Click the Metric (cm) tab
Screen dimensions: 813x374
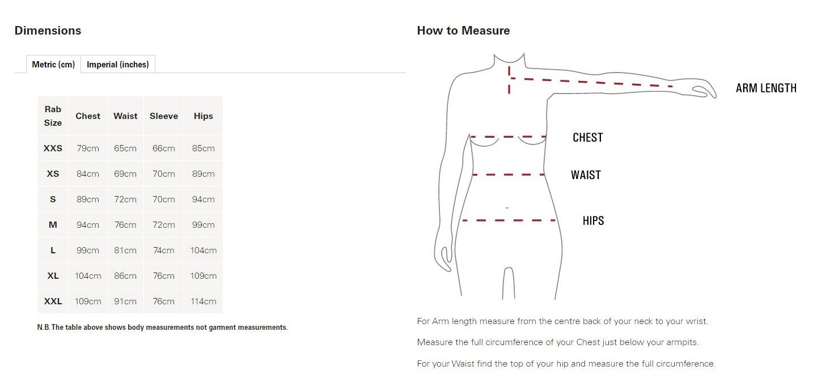pos(53,64)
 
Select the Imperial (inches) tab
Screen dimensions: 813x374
pos(117,64)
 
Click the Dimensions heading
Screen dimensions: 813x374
pos(48,31)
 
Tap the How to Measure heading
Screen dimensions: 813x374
pos(463,31)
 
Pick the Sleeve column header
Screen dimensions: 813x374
pos(164,116)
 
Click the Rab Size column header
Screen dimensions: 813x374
pos(53,116)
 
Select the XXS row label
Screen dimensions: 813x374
pos(53,148)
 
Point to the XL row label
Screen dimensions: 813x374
pos(53,276)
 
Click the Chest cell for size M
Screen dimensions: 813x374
pos(88,225)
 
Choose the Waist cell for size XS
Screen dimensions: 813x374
pos(125,174)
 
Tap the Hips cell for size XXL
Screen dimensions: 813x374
pos(203,301)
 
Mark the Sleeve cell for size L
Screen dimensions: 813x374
pos(164,250)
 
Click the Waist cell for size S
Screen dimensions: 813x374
pos(125,199)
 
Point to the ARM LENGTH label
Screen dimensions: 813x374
pos(766,88)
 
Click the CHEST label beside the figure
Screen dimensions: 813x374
pos(587,138)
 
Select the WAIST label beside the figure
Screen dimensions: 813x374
pos(586,175)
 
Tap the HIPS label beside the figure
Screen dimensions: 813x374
pos(594,220)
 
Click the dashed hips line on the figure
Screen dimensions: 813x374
pos(509,220)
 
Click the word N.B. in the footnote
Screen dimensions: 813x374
pos(43,327)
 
